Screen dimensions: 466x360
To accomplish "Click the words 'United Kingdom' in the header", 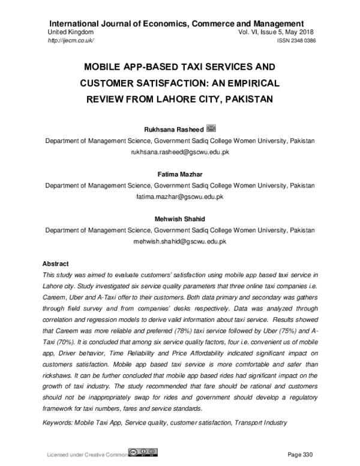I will pos(70,31).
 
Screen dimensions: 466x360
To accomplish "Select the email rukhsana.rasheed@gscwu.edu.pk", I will pos(180,152).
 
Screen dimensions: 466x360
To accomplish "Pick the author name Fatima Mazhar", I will pos(180,175).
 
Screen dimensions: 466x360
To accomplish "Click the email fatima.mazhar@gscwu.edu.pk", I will pos(180,196).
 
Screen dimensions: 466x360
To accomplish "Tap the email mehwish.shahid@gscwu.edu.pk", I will pos(180,241).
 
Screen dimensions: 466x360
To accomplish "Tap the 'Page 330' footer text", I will pos(301,453).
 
